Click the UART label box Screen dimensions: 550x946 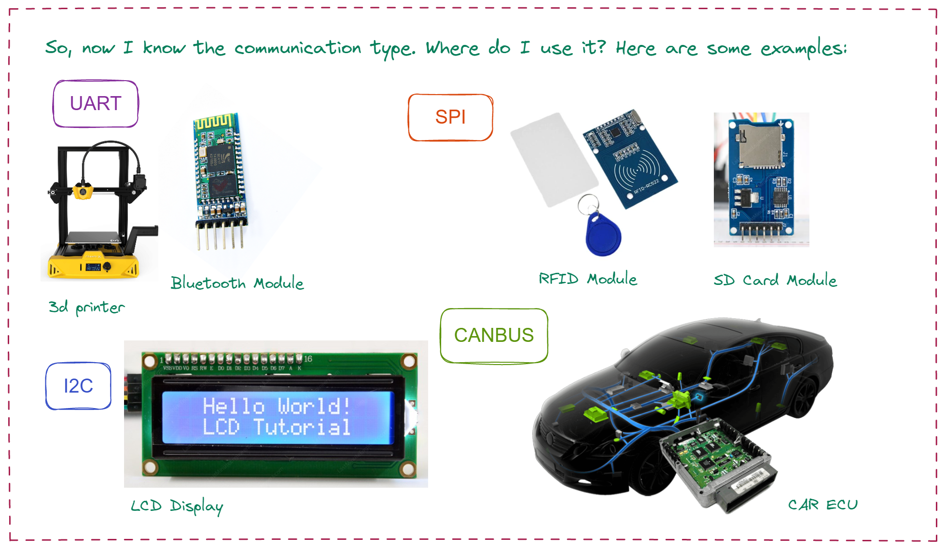tap(96, 104)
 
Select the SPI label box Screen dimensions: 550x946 tap(450, 117)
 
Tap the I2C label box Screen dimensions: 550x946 tap(78, 386)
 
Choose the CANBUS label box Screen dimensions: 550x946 tap(494, 335)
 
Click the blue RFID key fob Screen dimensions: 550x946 tap(603, 235)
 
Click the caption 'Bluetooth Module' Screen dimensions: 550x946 tap(237, 283)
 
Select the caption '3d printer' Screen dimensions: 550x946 tap(86, 307)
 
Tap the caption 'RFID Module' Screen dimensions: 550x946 tap(587, 279)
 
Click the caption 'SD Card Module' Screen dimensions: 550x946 tap(775, 280)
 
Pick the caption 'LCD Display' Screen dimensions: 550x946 tap(177, 506)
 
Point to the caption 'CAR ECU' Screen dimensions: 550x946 tap(822, 505)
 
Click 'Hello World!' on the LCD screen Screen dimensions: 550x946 tap(276, 406)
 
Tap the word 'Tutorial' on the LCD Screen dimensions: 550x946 tap(302, 427)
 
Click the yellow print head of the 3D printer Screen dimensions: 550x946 tap(83, 191)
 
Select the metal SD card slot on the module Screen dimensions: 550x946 tap(760, 145)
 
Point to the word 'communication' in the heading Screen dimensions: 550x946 tap(298, 48)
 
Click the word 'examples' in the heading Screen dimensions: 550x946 tap(803, 49)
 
